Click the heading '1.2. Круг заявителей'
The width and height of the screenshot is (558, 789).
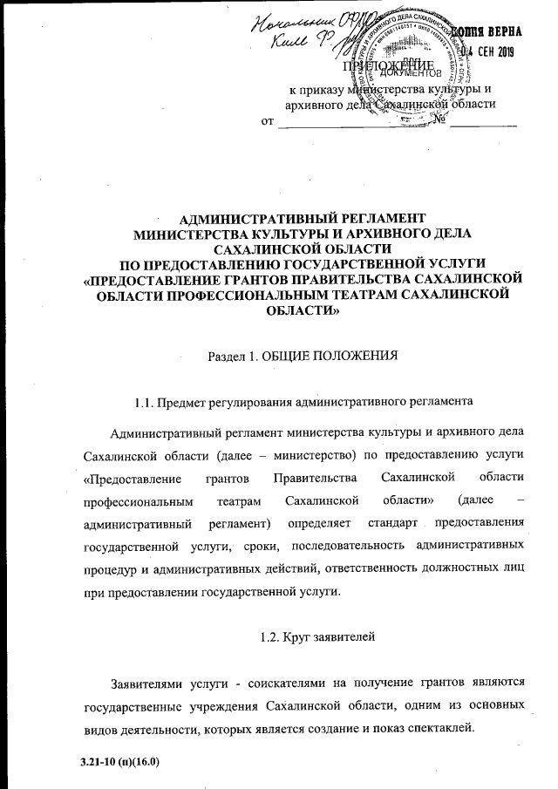click(317, 638)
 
